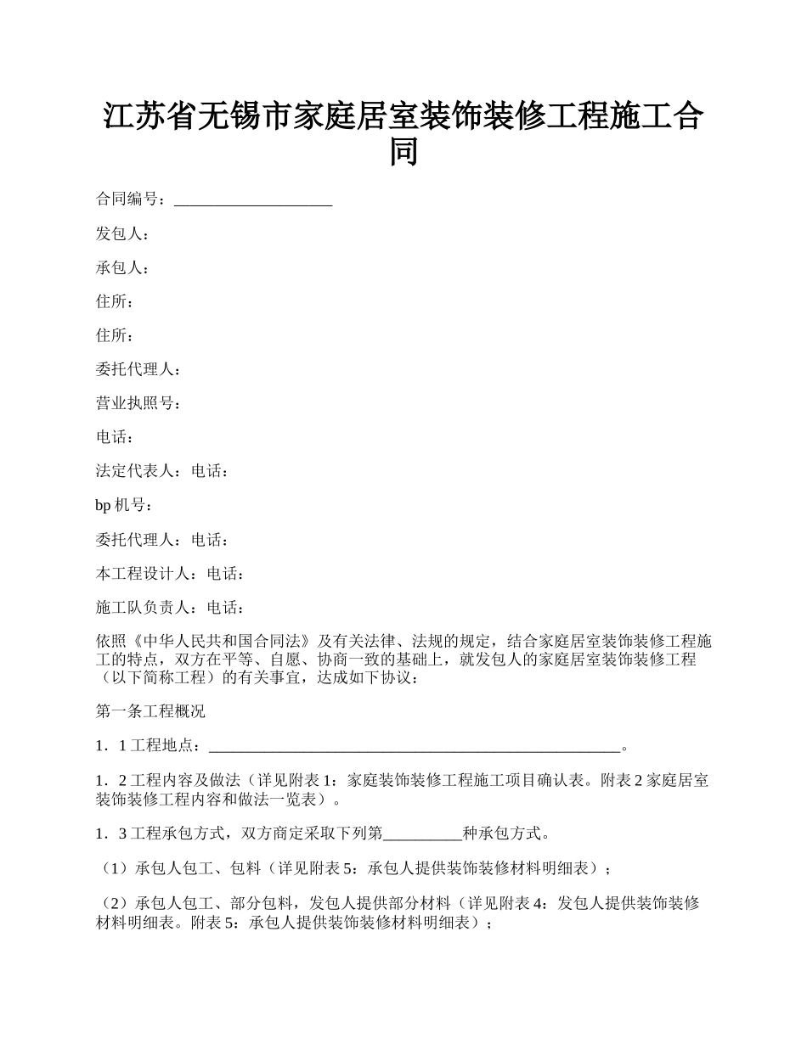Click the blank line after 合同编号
252,201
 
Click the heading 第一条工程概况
150,711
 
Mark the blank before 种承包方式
423,834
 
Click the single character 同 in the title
403,152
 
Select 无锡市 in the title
245,116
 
